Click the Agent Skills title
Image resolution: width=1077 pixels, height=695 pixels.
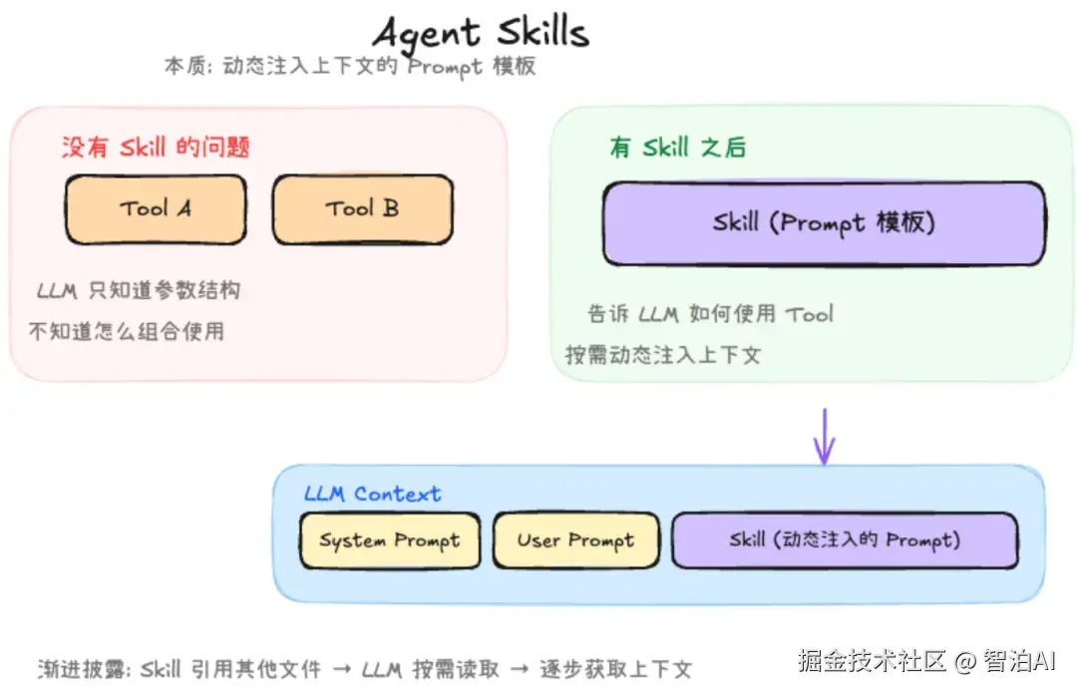pyautogui.click(x=481, y=33)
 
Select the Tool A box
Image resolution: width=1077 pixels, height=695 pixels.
pyautogui.click(x=156, y=209)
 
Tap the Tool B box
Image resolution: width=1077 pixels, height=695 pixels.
pyautogui.click(x=363, y=209)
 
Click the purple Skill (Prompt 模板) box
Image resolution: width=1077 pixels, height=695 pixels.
pyautogui.click(x=825, y=223)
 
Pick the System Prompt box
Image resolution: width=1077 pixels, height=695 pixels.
pyautogui.click(x=390, y=540)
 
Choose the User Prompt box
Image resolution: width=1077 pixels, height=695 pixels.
pyautogui.click(x=575, y=540)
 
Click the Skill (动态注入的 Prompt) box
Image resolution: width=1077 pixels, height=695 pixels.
pyautogui.click(x=845, y=540)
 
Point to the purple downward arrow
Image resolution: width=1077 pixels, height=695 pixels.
pyautogui.click(x=825, y=437)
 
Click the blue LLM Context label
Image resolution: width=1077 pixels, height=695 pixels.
pyautogui.click(x=372, y=494)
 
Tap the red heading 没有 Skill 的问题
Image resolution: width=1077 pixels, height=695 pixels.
pyautogui.click(x=156, y=147)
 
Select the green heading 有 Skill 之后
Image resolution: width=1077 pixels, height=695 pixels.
pyautogui.click(x=677, y=147)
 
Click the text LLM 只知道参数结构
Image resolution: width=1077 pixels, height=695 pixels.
pyautogui.click(x=139, y=290)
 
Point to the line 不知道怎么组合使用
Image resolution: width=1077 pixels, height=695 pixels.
pyautogui.click(x=127, y=332)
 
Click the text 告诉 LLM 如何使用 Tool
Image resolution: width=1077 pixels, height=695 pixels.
pyautogui.click(x=710, y=314)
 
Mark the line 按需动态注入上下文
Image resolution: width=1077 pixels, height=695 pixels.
pyautogui.click(x=663, y=355)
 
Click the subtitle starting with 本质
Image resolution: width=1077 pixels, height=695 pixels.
pyautogui.click(x=350, y=66)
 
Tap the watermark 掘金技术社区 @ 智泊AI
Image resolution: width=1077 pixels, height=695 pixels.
pyautogui.click(x=926, y=661)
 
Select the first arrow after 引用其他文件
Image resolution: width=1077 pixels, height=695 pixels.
pyautogui.click(x=342, y=669)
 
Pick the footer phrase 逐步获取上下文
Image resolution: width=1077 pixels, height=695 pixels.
pyautogui.click(x=615, y=669)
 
